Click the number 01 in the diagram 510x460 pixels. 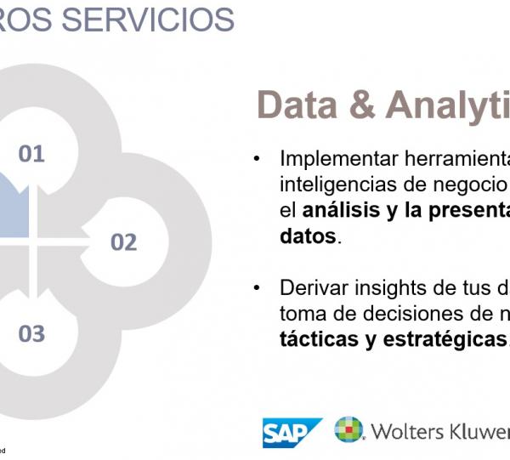(x=31, y=154)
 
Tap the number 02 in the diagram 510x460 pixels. (x=123, y=242)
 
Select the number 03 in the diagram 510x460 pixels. (x=31, y=333)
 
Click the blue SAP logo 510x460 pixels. (x=292, y=433)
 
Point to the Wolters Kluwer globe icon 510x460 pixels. (x=348, y=430)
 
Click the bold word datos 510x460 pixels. (x=308, y=236)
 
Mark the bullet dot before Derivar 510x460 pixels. (x=257, y=288)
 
